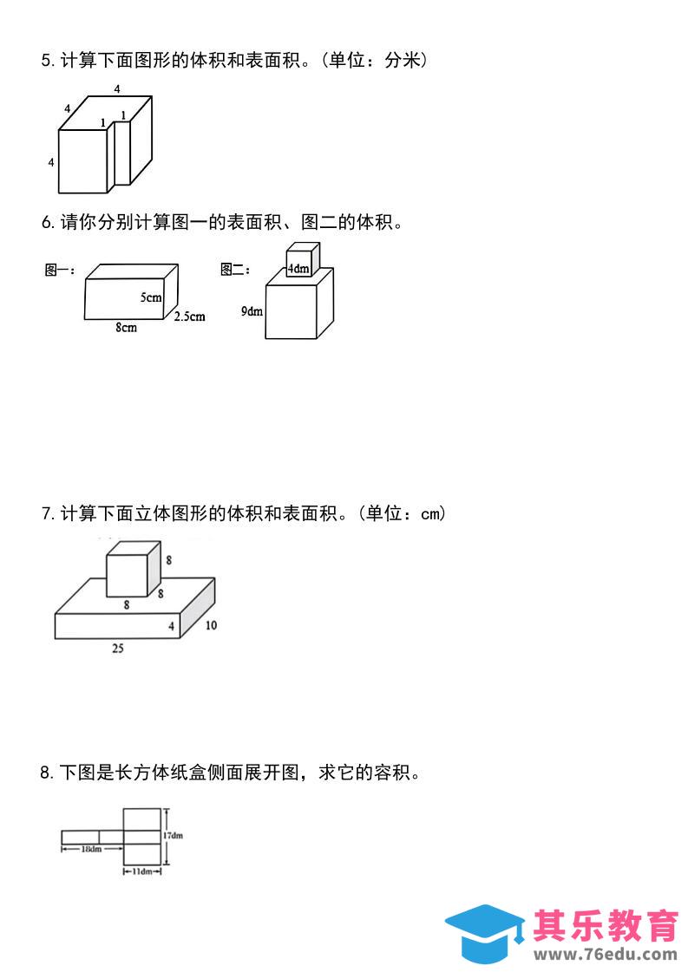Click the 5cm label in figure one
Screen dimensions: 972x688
coord(151,297)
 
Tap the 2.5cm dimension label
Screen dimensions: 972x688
coord(189,316)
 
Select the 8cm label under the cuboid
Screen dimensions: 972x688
coord(126,328)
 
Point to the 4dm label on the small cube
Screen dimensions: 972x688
coord(298,269)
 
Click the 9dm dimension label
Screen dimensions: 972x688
coord(252,310)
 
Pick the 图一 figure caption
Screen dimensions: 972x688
coord(59,271)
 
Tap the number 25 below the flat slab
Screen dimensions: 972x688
coord(117,648)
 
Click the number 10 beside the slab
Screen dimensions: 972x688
coord(211,625)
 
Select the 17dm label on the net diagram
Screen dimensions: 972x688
coord(174,836)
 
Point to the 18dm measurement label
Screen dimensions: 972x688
coord(90,849)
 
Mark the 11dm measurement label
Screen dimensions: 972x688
coord(142,871)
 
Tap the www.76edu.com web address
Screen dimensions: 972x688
coord(606,955)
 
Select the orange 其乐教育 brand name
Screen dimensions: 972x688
coord(606,925)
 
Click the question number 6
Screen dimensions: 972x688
coord(47,223)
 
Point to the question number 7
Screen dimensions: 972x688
coord(47,513)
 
